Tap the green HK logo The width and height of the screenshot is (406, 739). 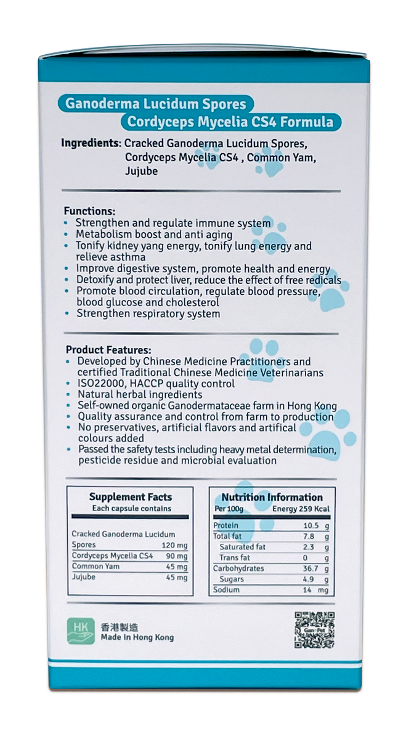[x=81, y=631]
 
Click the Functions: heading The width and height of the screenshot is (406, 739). [x=89, y=210]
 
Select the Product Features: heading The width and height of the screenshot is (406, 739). [x=108, y=349]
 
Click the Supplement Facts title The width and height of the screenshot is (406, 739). [x=131, y=497]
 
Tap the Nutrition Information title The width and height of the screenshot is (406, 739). [x=272, y=497]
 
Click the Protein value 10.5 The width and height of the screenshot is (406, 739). [x=311, y=525]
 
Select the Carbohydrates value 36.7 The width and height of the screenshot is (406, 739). [x=311, y=568]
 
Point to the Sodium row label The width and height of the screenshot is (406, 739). [x=227, y=590]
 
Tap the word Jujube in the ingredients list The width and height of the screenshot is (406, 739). [x=141, y=171]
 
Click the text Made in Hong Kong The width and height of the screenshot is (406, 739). [x=137, y=637]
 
